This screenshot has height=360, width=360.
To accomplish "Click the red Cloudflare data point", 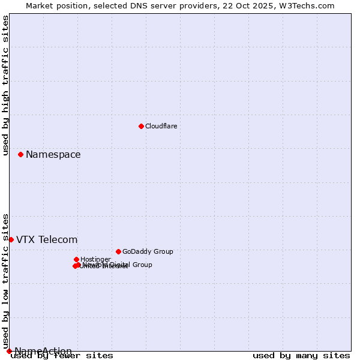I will (x=141, y=126).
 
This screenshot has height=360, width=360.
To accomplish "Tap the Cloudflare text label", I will (x=161, y=126).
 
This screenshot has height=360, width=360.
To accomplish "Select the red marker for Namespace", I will (x=20, y=154).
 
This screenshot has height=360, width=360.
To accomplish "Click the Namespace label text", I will (x=53, y=155).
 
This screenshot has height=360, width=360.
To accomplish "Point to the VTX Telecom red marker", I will (x=11, y=239).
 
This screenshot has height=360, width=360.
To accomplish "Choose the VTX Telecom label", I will (x=47, y=240).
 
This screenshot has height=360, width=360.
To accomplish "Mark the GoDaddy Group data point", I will (x=118, y=251).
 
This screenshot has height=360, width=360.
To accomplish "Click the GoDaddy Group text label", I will (x=148, y=251).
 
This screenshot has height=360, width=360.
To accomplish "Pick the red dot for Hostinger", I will (x=76, y=259).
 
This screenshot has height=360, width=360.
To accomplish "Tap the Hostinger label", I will (x=95, y=259).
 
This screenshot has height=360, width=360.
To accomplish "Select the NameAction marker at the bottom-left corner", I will (x=9, y=351).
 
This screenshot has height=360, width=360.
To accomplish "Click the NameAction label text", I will (x=43, y=351).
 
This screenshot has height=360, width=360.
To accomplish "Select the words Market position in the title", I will (x=55, y=5).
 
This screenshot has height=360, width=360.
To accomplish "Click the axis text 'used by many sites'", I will (x=301, y=355).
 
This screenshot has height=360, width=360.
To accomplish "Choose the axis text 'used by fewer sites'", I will (x=62, y=355).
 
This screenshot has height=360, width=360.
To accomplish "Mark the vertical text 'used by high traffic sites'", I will (x=5, y=85).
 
